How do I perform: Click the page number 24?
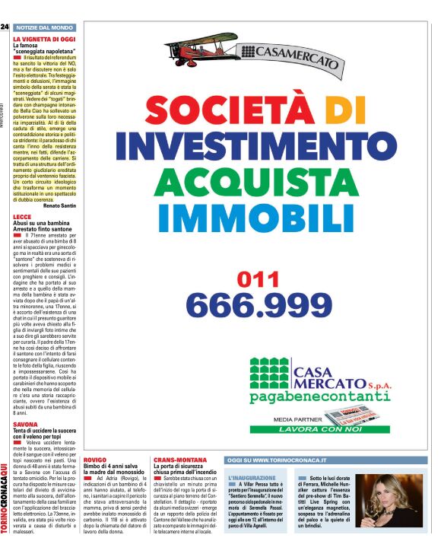pyautogui.click(x=5, y=27)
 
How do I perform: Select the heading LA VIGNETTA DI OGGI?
pyautogui.click(x=44, y=38)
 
